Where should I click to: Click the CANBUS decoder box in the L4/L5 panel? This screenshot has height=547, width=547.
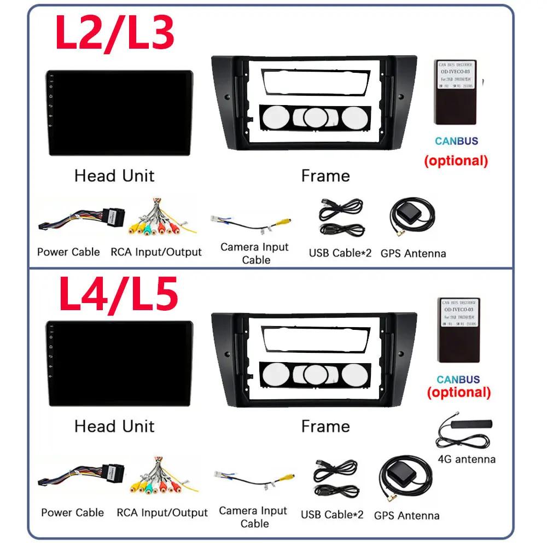(x=459, y=330)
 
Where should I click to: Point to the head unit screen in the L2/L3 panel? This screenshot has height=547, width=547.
(x=119, y=113)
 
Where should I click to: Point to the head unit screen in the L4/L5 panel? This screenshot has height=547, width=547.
(x=119, y=364)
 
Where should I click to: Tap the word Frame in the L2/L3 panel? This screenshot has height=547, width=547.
(x=325, y=176)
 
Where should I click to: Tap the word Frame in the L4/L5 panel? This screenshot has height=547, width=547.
(x=325, y=426)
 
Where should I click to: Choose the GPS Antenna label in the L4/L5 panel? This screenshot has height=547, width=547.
(x=406, y=515)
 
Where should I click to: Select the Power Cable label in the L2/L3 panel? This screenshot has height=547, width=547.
(x=68, y=252)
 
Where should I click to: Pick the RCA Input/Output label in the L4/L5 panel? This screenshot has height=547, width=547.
(x=162, y=513)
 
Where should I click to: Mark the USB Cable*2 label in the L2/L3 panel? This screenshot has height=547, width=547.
(x=340, y=253)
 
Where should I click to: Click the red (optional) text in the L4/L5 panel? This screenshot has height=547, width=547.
(x=458, y=392)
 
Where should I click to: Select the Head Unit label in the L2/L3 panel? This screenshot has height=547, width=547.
(x=114, y=176)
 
